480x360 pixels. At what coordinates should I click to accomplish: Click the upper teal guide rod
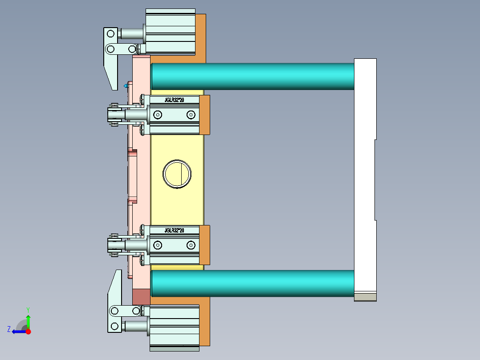point(252,76)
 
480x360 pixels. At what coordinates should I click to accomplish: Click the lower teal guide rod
point(252,283)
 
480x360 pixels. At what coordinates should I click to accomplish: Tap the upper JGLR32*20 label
point(174,100)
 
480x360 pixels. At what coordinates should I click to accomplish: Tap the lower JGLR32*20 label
point(174,230)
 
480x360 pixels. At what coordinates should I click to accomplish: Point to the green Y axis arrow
point(28,320)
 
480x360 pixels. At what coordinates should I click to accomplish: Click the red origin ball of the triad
point(28,331)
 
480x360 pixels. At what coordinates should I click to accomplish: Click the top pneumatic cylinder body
point(171,32)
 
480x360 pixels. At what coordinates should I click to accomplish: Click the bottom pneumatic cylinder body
point(174,325)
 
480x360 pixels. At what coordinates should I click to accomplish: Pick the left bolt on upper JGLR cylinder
point(158,115)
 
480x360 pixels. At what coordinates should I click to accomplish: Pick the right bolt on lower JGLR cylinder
point(191,245)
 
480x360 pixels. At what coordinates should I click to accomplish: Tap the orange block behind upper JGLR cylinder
point(205,115)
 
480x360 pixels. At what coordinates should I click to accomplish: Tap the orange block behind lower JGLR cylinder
point(205,245)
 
